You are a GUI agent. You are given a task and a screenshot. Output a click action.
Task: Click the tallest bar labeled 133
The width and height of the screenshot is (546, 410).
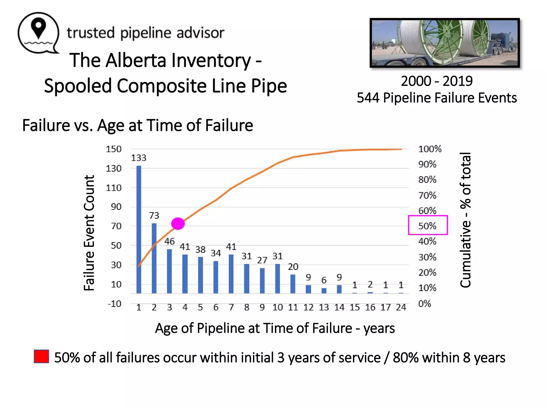tap(139, 230)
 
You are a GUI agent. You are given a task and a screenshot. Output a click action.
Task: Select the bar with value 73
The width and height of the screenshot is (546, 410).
tap(154, 258)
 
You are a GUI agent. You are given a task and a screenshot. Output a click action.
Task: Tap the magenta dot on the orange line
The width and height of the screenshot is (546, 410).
tap(178, 223)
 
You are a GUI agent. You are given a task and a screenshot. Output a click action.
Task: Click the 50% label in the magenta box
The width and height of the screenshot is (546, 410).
tap(427, 226)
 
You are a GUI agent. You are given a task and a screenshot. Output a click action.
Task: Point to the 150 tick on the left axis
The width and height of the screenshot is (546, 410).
tap(114, 149)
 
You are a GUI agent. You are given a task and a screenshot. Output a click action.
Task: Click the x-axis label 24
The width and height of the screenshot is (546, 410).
tap(401, 307)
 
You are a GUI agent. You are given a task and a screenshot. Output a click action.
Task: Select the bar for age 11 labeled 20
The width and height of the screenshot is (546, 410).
tap(293, 284)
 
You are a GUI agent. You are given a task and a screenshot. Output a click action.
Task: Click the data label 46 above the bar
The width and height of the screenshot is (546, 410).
tap(170, 241)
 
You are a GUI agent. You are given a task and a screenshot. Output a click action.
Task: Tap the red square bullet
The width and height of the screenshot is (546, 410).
tap(41, 356)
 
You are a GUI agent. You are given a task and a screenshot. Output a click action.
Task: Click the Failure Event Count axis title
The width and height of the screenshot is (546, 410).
tap(89, 233)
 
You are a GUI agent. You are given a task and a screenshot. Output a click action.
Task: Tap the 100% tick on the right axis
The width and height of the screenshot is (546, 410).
tap(430, 149)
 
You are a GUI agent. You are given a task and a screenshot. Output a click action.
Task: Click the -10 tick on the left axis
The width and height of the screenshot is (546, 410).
tap(115, 304)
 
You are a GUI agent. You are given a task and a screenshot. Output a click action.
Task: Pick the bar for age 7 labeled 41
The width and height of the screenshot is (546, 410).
tap(231, 274)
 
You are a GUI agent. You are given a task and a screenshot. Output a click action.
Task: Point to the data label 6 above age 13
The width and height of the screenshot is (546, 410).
tap(324, 280)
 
